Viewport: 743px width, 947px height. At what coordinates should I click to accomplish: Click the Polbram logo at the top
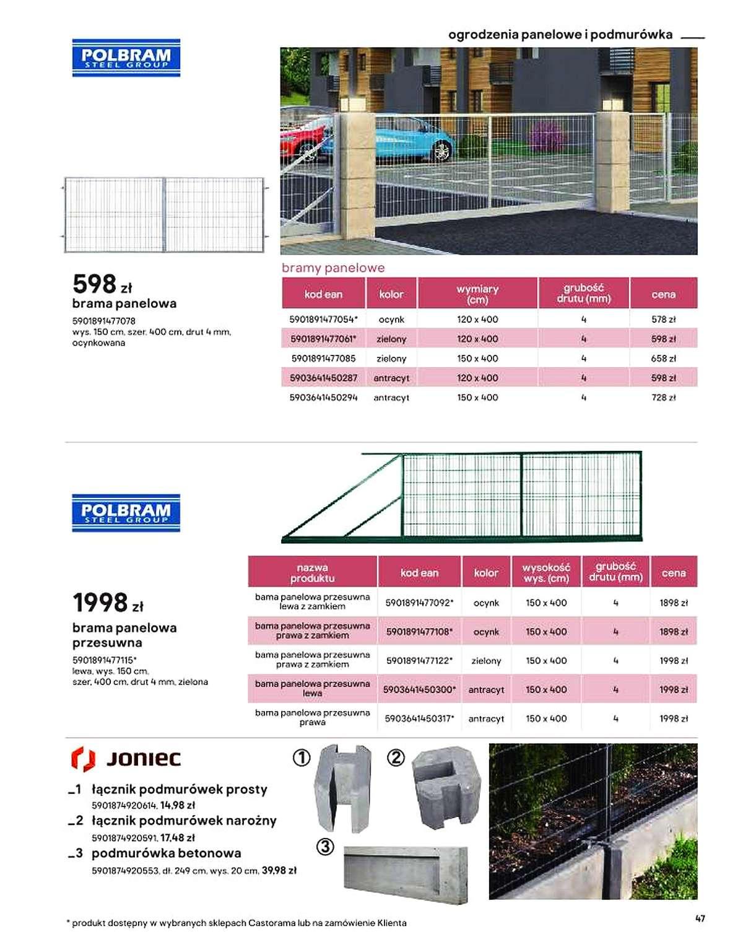point(126,58)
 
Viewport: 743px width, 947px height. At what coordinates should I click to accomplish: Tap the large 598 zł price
point(102,284)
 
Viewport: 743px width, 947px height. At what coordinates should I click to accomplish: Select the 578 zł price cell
point(663,320)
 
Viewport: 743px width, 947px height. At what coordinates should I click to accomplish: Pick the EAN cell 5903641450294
point(323,398)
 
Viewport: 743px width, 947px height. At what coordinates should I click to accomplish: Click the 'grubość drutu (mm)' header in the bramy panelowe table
point(583,293)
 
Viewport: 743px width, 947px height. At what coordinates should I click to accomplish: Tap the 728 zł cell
point(663,398)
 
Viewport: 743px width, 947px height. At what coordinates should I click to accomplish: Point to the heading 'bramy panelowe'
point(333,268)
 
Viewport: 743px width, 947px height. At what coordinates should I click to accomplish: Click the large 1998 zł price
point(108,602)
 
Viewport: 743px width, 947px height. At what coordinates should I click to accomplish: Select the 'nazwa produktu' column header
point(312,572)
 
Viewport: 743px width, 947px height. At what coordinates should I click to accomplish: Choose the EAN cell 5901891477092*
point(419,603)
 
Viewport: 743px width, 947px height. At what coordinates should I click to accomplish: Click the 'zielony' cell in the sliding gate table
point(486,661)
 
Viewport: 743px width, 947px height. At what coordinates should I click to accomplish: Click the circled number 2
point(396,757)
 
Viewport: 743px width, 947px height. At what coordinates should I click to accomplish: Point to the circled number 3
point(325,846)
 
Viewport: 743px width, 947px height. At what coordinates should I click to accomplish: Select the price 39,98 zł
point(279,870)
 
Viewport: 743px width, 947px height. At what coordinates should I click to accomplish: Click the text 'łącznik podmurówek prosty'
point(180,789)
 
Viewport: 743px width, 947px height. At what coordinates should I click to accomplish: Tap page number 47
point(700,919)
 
